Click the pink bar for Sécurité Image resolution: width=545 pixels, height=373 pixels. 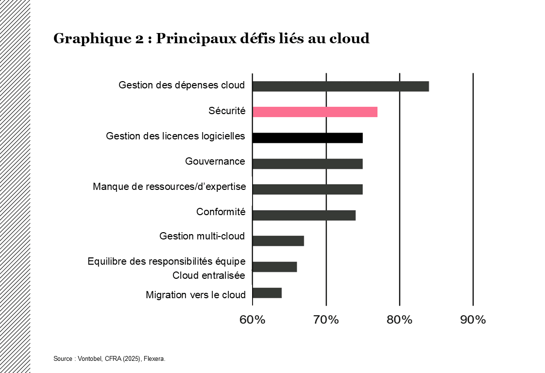tap(315, 112)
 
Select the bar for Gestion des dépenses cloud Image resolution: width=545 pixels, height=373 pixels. tap(341, 86)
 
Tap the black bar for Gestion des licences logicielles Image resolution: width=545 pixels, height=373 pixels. tap(307, 138)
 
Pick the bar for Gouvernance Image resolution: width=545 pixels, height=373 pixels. tap(307, 164)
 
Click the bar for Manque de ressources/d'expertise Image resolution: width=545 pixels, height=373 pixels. tap(307, 189)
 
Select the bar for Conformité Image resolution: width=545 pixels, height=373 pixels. tap(304, 215)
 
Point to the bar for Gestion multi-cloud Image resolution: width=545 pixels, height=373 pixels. tap(278, 241)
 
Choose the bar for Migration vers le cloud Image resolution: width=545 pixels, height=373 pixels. tap(267, 293)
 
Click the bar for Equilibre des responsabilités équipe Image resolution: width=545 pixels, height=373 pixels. tap(274, 267)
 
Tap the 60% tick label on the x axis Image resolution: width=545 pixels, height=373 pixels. tap(253, 320)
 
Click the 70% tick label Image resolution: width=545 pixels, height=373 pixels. tap(326, 320)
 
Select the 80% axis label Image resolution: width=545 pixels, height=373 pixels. tap(399, 320)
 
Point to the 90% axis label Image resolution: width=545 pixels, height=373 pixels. tap(473, 320)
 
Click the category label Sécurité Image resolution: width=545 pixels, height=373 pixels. tap(227, 111)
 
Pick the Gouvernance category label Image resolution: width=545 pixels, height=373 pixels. tap(215, 161)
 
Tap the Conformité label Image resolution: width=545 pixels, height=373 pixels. tap(221, 212)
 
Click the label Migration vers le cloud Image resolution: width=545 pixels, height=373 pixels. tap(196, 295)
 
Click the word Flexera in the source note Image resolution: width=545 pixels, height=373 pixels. tap(154, 359)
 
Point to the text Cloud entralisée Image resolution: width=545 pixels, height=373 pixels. tap(209, 275)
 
